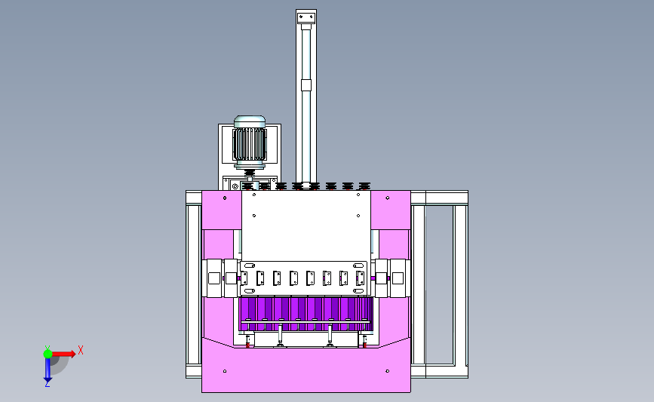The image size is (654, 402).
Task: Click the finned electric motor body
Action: point(250,144)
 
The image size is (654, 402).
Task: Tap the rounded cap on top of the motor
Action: point(250,121)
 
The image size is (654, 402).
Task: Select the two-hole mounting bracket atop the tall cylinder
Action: point(306,18)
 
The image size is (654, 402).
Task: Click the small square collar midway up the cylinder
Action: point(306,85)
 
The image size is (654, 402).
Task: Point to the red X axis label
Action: point(81,350)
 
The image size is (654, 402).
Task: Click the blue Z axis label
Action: point(47,384)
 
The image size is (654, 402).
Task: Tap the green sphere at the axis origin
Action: point(48,354)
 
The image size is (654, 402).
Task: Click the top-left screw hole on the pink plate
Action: point(225,198)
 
